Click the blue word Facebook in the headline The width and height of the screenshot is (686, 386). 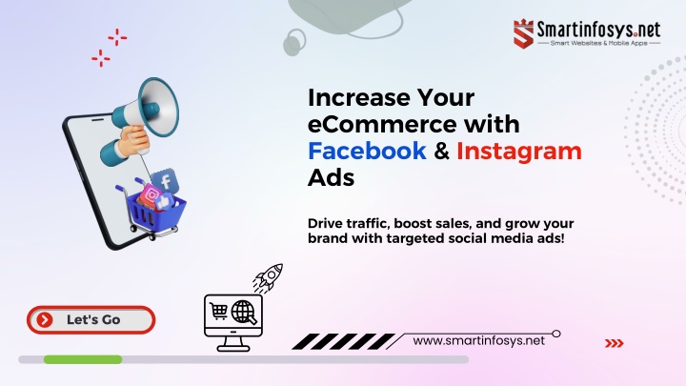coord(367,151)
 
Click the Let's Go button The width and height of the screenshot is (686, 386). coord(91,320)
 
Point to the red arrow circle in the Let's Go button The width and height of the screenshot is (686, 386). coord(44,320)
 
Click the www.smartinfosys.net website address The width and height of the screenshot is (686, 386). coord(478,341)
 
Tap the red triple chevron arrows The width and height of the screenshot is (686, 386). coord(615,343)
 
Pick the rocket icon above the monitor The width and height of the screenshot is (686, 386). coord(268,277)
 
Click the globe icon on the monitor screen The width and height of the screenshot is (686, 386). coord(244,312)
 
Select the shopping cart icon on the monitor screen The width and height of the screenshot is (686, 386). coord(219,311)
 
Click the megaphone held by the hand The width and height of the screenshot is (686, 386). coord(149,110)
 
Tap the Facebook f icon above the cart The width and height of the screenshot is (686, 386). coord(165,181)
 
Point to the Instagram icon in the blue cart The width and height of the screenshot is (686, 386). coord(151,194)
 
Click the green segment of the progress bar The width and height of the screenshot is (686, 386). coord(83,359)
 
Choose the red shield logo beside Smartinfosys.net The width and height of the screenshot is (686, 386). coord(523,33)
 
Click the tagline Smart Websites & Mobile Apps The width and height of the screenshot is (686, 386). coord(599,43)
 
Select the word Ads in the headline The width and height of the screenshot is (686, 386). coord(332,177)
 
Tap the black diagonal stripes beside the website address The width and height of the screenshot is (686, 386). coord(343,341)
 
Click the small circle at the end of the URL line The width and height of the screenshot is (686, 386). coord(556,334)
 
